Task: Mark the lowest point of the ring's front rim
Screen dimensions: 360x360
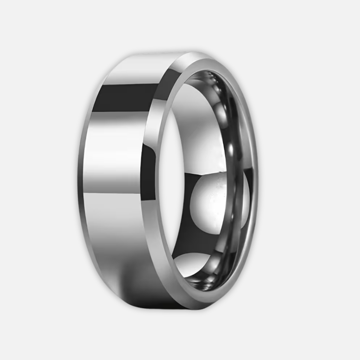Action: pyautogui.click(x=200, y=308)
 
